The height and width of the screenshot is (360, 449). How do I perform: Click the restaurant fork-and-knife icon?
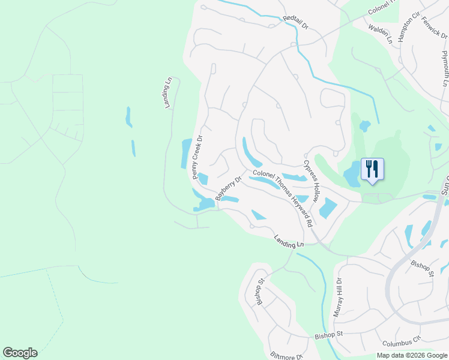pyautogui.click(x=372, y=169)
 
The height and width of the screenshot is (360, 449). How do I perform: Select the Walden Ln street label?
pyautogui.click(x=380, y=34)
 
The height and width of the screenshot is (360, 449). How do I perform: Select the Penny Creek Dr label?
pyautogui.click(x=197, y=157)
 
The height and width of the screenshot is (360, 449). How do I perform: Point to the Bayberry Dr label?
pyautogui.click(x=228, y=188)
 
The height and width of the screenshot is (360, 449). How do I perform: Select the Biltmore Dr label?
pyautogui.click(x=286, y=356)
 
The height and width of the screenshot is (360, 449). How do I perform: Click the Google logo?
pyautogui.click(x=20, y=353)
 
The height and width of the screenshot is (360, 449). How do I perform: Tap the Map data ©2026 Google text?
pyautogui.click(x=411, y=355)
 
